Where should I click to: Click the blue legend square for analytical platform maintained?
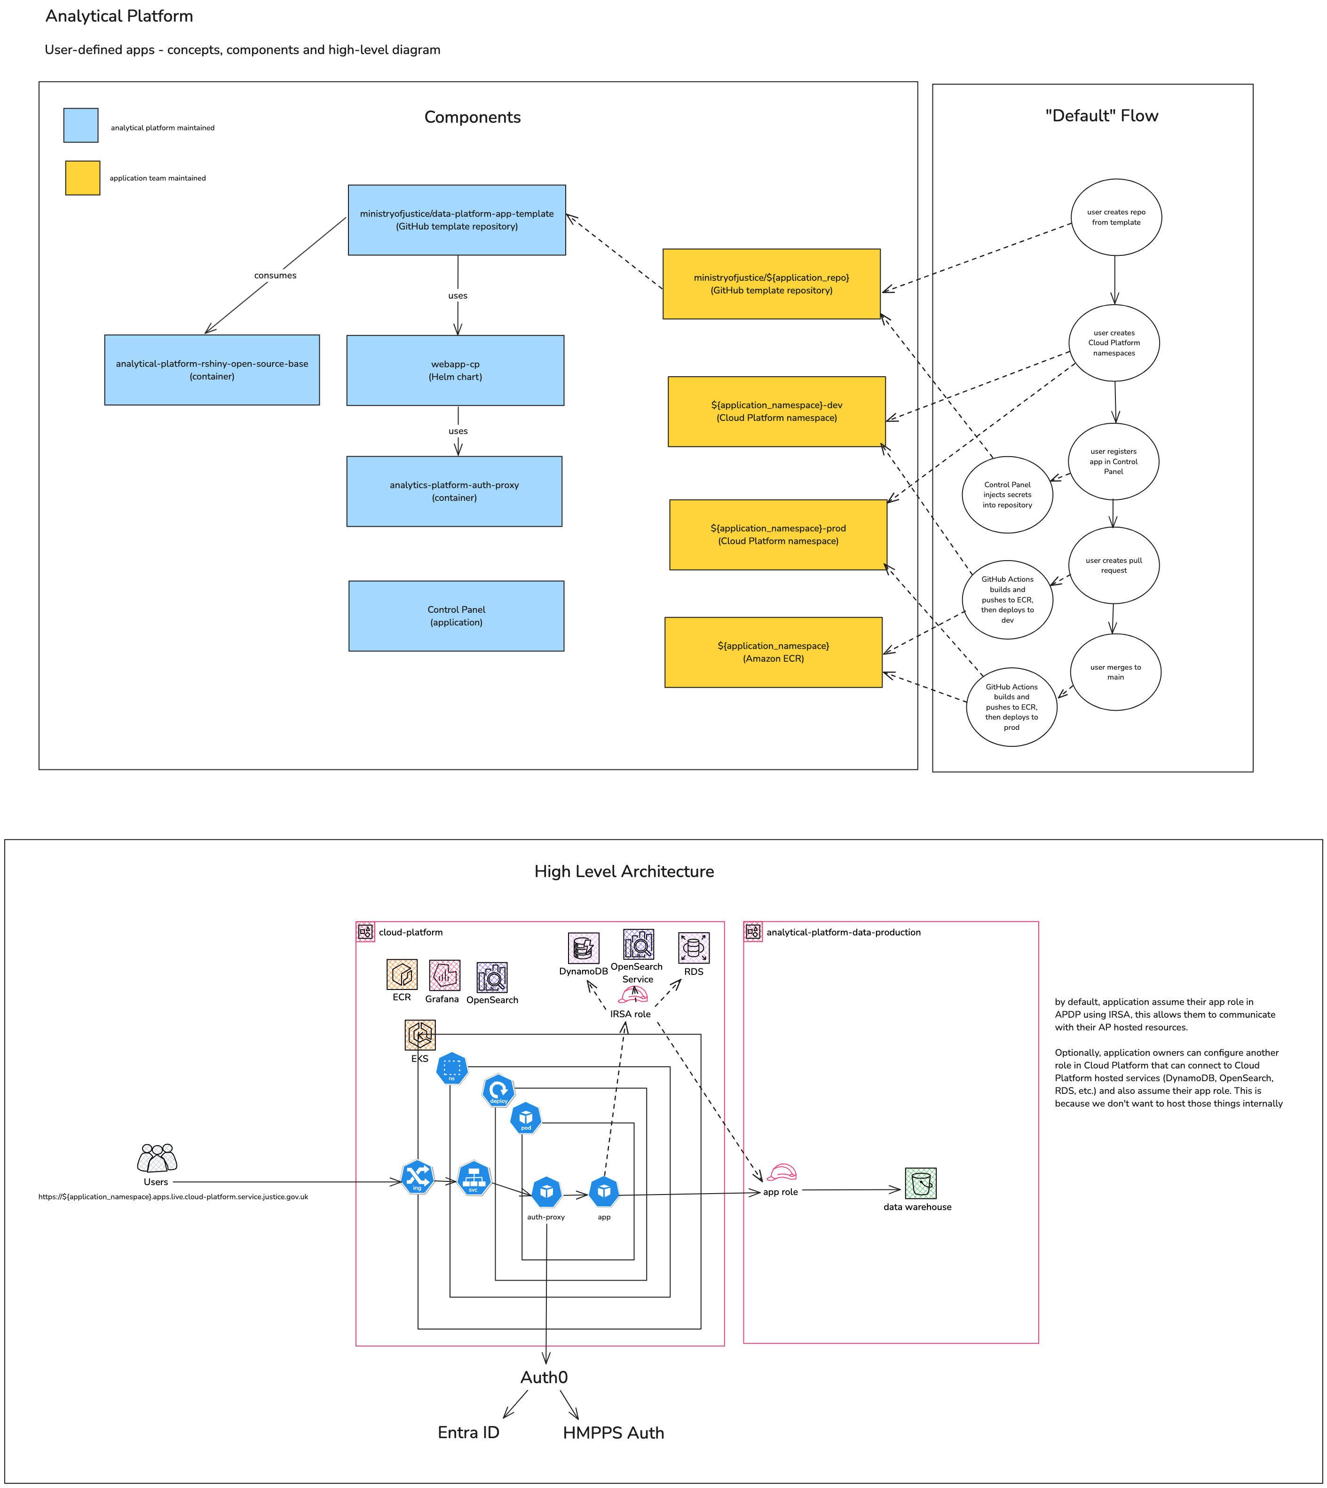coord(81,126)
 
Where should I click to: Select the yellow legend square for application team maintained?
coord(82,178)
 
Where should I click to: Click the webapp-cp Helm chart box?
coord(455,371)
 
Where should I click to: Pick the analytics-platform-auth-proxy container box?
coord(454,491)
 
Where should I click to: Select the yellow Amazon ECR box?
coord(773,652)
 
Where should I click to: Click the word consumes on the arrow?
coord(275,276)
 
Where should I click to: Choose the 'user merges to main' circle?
coord(1115,672)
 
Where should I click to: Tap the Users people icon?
coord(157,1158)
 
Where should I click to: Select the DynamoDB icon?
coord(583,948)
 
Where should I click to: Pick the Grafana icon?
coord(444,975)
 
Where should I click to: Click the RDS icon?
coord(694,948)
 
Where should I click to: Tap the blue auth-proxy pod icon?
coord(546,1192)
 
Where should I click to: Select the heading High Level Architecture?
coord(624,872)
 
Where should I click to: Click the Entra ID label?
coord(468,1433)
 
